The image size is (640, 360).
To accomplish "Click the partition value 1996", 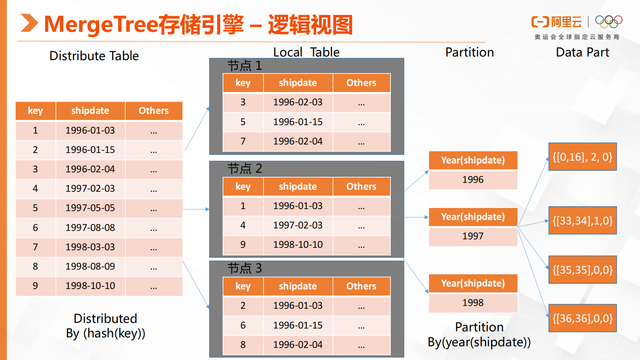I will [x=473, y=180].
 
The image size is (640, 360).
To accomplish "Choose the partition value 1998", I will [x=473, y=303].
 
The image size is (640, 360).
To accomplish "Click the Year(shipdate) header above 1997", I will [x=473, y=217].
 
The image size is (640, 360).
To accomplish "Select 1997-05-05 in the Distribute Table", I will [x=90, y=208].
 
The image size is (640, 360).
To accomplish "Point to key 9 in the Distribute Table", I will [x=35, y=286].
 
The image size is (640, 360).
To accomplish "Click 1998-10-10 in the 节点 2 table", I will [x=298, y=245].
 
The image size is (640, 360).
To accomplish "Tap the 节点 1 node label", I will [x=244, y=66].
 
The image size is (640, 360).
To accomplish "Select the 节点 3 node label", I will [x=244, y=268].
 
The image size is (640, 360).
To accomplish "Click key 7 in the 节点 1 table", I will [x=243, y=142].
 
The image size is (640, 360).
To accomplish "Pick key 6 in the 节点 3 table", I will [x=243, y=325].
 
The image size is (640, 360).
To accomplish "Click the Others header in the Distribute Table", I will [x=153, y=111].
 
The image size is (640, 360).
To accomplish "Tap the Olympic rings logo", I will [x=609, y=21].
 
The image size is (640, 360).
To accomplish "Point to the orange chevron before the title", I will [x=29, y=23].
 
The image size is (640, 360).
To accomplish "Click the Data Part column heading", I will [x=582, y=52].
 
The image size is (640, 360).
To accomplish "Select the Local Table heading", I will [x=306, y=52].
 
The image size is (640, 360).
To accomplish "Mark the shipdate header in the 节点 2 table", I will [x=298, y=187].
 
